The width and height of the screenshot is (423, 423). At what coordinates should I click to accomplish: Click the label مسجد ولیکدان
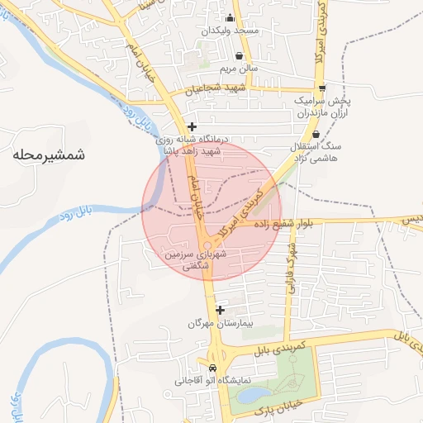click(235, 30)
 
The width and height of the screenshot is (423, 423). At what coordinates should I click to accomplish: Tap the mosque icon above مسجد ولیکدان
click(230, 17)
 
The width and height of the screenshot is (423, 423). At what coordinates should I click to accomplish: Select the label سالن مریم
click(239, 69)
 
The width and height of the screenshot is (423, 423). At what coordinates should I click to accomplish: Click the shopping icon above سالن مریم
click(238, 56)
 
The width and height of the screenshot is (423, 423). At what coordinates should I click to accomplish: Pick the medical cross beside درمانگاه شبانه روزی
click(192, 127)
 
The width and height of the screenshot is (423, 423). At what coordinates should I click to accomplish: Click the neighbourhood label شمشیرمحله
click(50, 154)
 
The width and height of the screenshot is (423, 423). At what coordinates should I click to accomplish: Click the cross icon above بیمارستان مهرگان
click(220, 310)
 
